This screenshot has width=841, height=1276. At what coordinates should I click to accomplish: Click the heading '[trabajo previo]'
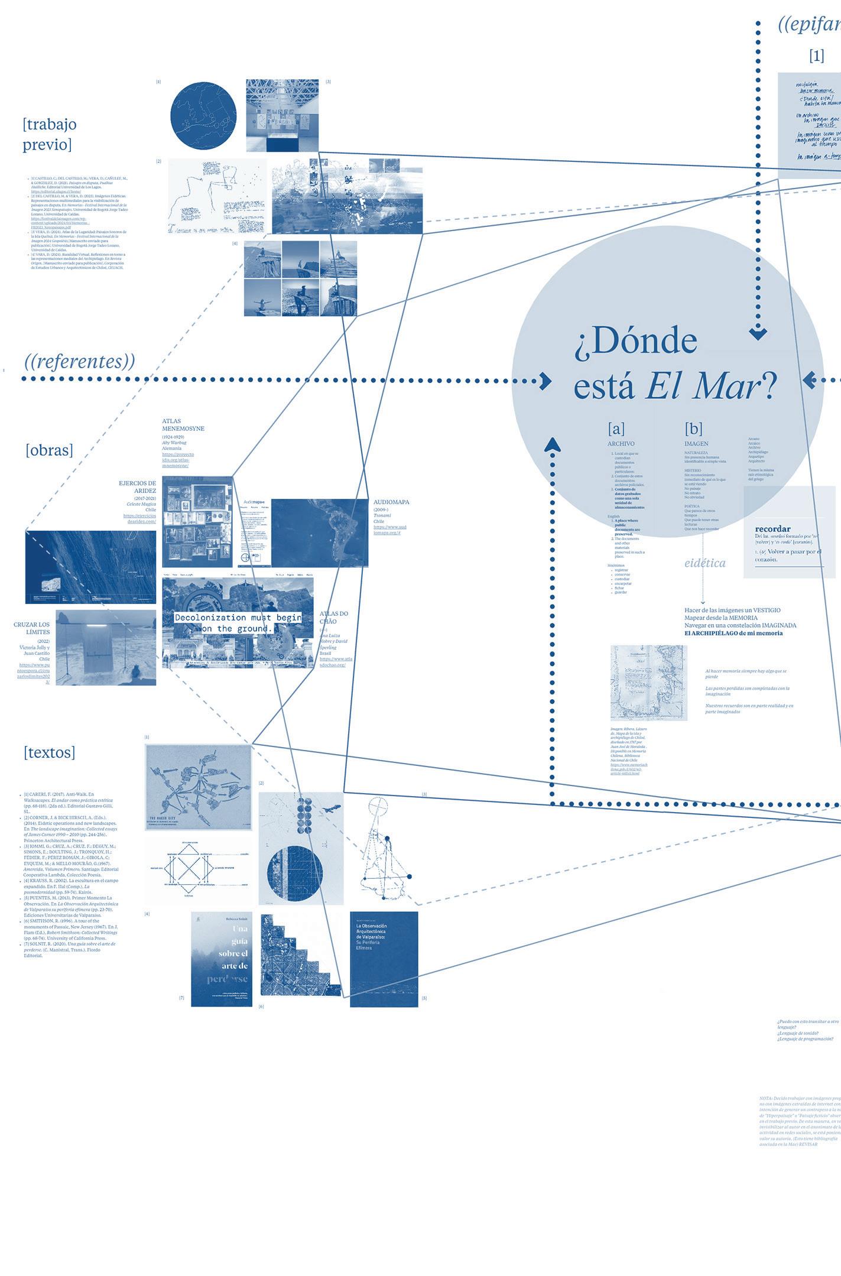(50, 134)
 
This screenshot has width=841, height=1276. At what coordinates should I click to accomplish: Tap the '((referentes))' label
(80, 361)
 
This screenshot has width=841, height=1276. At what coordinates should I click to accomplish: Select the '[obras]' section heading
(49, 450)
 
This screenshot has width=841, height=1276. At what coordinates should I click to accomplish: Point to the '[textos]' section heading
(50, 752)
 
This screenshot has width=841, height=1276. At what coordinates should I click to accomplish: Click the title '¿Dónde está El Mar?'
(674, 365)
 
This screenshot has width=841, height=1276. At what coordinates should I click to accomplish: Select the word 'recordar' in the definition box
(772, 528)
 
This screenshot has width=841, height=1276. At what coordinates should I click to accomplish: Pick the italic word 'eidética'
(704, 563)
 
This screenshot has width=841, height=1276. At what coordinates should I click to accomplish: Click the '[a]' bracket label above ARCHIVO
(616, 428)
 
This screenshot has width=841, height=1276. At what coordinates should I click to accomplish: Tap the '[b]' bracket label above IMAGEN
(693, 428)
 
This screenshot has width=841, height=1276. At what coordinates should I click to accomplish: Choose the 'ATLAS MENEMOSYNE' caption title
(183, 424)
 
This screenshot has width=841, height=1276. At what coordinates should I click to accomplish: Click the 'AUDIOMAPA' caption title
(391, 502)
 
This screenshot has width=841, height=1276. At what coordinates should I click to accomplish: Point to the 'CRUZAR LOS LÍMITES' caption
(32, 628)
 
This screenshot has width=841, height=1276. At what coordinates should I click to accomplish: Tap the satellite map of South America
(320, 533)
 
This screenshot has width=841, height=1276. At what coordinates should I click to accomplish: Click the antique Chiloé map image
(648, 683)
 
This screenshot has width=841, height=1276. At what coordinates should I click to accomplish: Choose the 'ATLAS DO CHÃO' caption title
(334, 617)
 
